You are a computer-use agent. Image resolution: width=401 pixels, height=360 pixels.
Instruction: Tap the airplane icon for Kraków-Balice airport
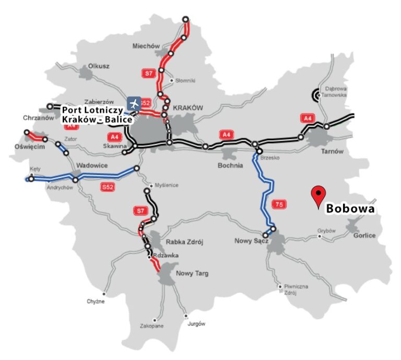134,103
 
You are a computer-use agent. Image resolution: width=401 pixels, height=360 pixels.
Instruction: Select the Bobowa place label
350,209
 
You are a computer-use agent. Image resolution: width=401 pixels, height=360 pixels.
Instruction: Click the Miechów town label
146,46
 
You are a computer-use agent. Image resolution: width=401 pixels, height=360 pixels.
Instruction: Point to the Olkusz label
99,66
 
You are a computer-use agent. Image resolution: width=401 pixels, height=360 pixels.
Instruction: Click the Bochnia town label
230,165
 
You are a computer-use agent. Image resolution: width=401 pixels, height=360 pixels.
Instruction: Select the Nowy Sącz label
252,241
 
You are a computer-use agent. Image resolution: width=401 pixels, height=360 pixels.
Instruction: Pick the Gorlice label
364,235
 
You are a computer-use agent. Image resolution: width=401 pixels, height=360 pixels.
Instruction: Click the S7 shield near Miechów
149,74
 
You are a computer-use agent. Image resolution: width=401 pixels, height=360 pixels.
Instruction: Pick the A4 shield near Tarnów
307,119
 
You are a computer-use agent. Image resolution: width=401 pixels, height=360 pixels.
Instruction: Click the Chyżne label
96,302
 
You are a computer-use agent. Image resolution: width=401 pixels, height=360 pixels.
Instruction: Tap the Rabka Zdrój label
184,242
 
